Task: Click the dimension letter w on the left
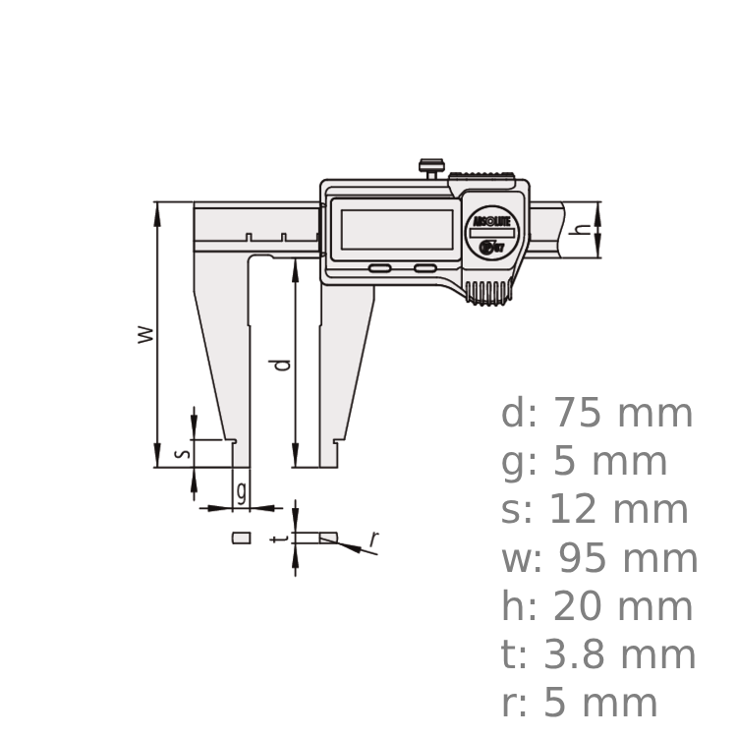pyautogui.click(x=145, y=333)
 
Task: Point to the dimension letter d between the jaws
pyautogui.click(x=282, y=365)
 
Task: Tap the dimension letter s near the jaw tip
pyautogui.click(x=180, y=453)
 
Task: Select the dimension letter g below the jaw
pyautogui.click(x=241, y=486)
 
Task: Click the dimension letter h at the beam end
pyautogui.click(x=582, y=229)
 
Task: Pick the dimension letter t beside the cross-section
pyautogui.click(x=282, y=539)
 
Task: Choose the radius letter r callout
pyautogui.click(x=373, y=538)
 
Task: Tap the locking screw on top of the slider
pyautogui.click(x=429, y=168)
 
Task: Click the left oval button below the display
pyautogui.click(x=379, y=268)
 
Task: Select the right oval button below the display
pyautogui.click(x=425, y=267)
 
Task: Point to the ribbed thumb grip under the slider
pyautogui.click(x=488, y=291)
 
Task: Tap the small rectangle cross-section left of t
pyautogui.click(x=241, y=538)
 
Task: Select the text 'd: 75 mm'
pyautogui.click(x=597, y=414)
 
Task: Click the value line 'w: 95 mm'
pyautogui.click(x=599, y=559)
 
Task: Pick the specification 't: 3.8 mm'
pyautogui.click(x=598, y=654)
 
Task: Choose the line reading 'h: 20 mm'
pyautogui.click(x=597, y=607)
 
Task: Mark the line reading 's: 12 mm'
pyautogui.click(x=595, y=510)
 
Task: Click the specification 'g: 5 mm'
pyautogui.click(x=585, y=462)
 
